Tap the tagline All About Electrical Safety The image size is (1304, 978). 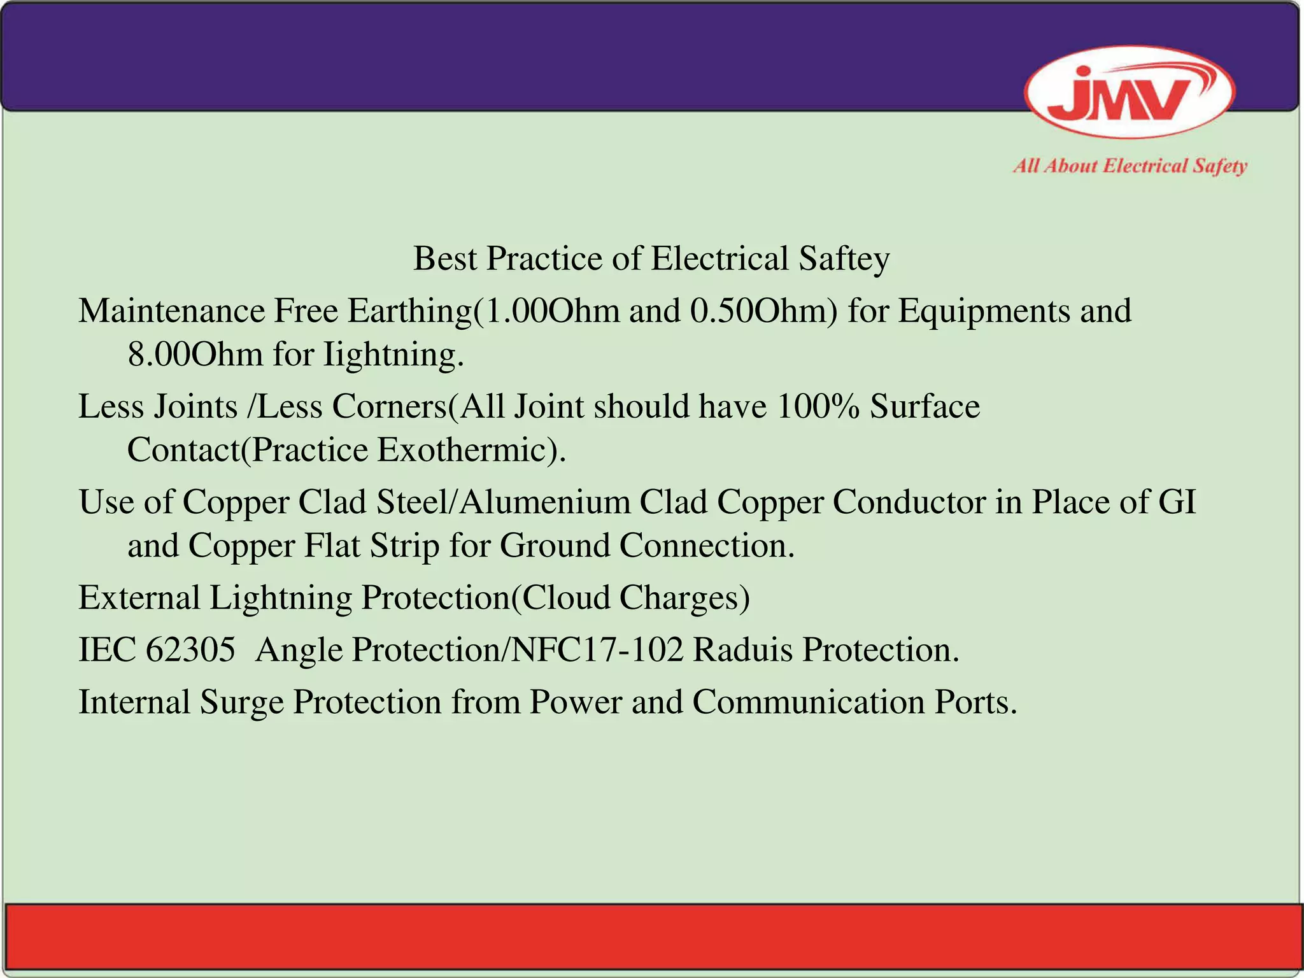click(x=1130, y=166)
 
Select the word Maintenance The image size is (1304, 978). click(x=171, y=311)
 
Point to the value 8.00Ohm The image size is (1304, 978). click(x=195, y=354)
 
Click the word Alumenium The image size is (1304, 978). click(x=544, y=502)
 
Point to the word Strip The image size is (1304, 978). click(x=405, y=546)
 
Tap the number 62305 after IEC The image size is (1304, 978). click(x=190, y=650)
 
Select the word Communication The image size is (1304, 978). click(x=809, y=702)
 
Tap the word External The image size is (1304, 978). click(x=139, y=598)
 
